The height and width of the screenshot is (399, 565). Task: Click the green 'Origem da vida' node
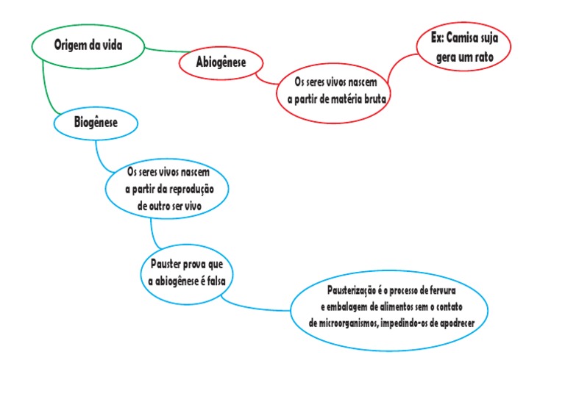pyautogui.click(x=88, y=46)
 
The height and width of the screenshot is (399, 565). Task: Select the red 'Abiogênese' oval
pyautogui.click(x=221, y=62)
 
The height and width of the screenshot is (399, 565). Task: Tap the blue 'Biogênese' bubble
pyautogui.click(x=96, y=122)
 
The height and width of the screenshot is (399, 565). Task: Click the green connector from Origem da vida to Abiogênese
pyautogui.click(x=166, y=51)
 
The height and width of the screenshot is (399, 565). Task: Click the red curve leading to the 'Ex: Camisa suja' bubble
pyautogui.click(x=397, y=67)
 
